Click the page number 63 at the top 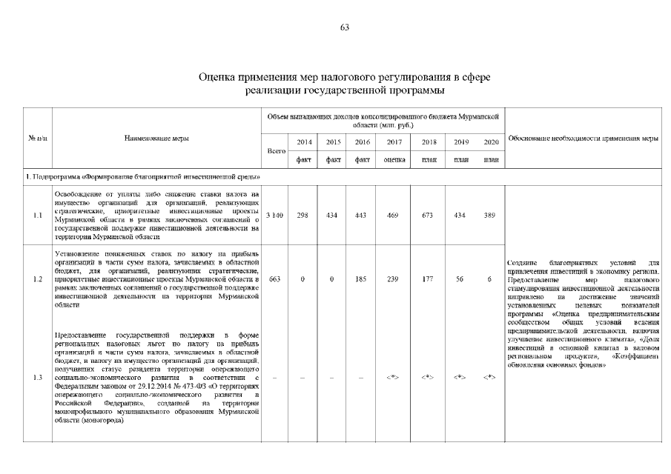pos(344,27)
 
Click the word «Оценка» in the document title pos(222,77)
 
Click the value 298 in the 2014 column pos(303,215)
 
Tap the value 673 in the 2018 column pos(429,215)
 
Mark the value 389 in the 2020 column pos(489,215)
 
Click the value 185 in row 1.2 pos(360,278)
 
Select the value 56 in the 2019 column pos(459,278)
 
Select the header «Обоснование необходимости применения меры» pos(582,138)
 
